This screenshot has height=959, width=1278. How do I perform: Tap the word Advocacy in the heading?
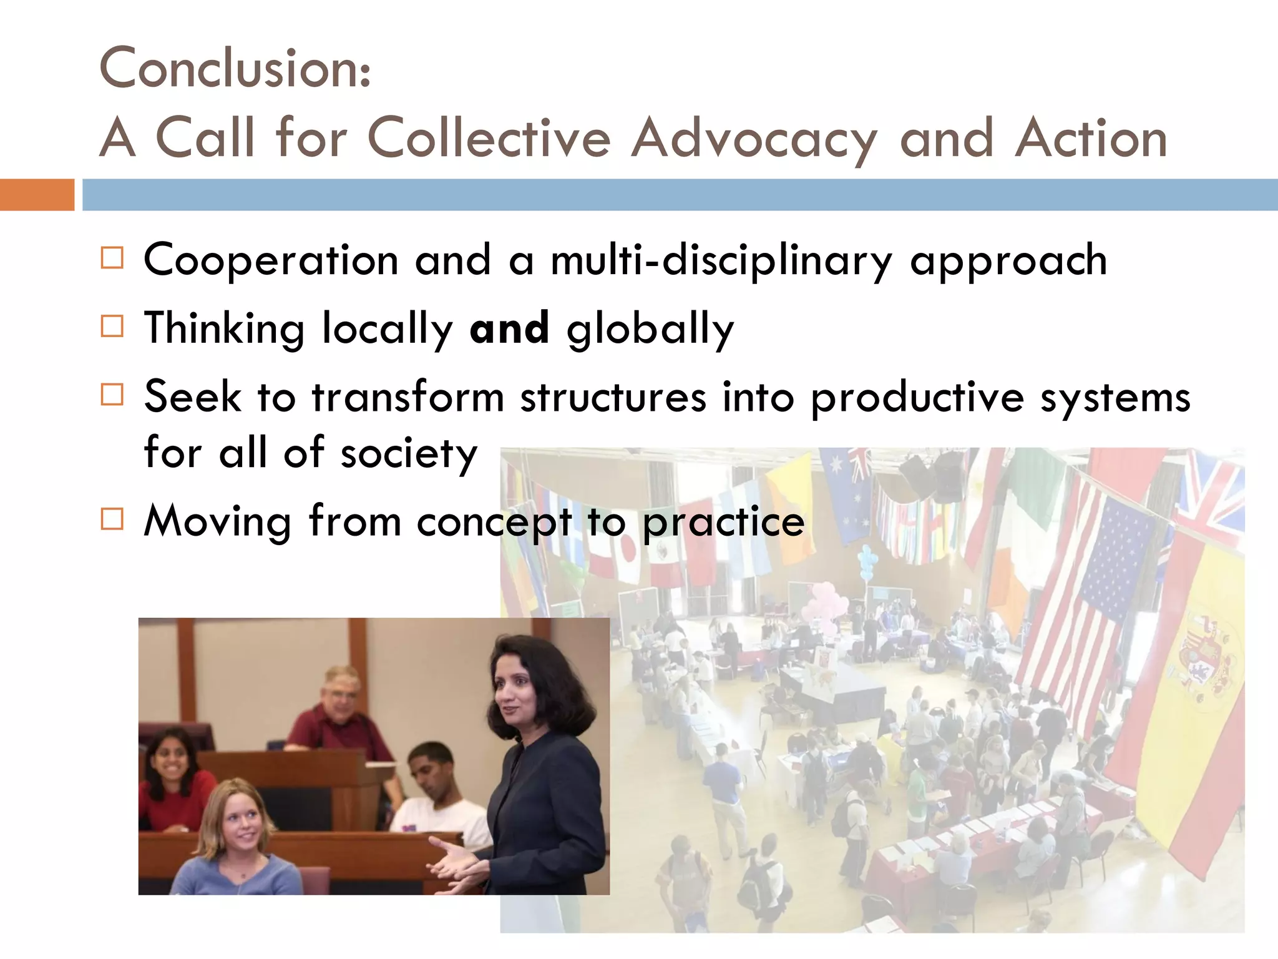point(754,139)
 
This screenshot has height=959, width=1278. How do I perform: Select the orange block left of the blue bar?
point(37,195)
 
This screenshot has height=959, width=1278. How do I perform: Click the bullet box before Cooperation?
point(112,257)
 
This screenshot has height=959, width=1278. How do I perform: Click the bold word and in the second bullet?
point(509,328)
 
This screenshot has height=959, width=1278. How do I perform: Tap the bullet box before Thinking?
point(112,326)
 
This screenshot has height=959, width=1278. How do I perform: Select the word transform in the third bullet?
point(408,397)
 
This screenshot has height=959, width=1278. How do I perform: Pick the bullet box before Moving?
point(112,519)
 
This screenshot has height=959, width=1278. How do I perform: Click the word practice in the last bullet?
point(724,522)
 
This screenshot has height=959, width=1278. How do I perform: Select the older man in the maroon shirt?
point(337,718)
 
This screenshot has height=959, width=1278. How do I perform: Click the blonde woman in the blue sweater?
point(237,837)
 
